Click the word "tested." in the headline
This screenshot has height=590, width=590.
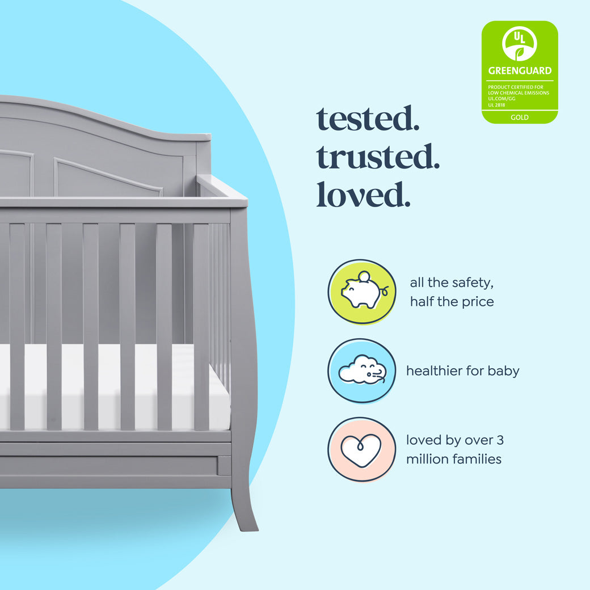coord(368,119)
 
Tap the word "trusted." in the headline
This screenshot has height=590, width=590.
coord(378,157)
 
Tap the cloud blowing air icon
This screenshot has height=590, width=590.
coord(362,371)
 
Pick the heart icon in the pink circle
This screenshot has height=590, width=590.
coord(361,450)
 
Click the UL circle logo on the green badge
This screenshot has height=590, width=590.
coord(520,43)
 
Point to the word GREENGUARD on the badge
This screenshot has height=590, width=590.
coord(520,71)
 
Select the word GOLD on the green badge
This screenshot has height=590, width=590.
coord(520,117)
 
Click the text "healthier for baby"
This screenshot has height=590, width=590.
coord(462,371)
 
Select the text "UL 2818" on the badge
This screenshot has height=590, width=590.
coord(497,105)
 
